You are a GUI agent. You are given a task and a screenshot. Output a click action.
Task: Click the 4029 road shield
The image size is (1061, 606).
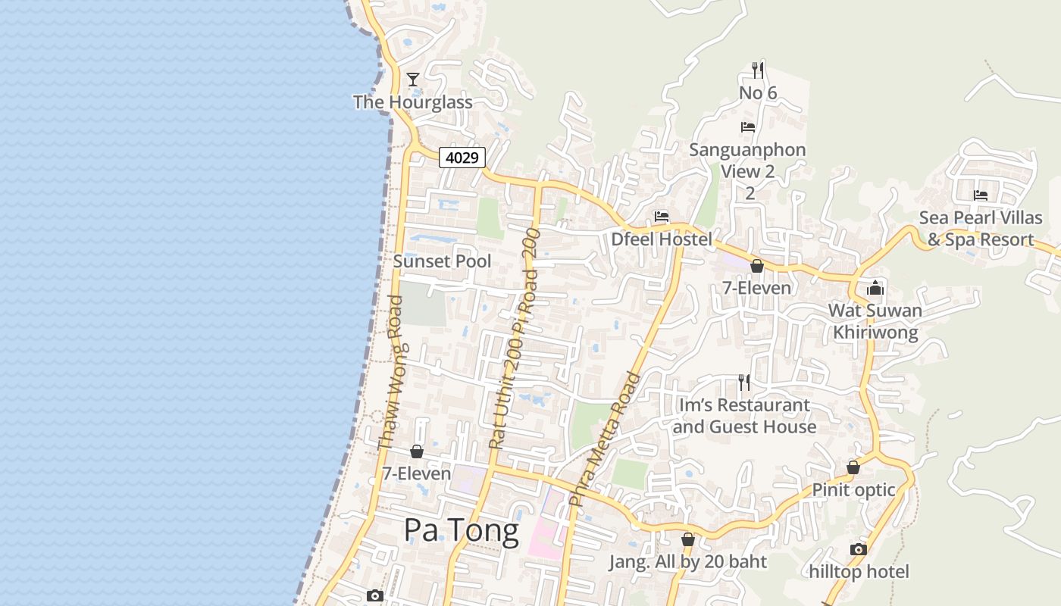(462, 158)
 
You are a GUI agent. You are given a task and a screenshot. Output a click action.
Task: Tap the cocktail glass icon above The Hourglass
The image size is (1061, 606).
(413, 79)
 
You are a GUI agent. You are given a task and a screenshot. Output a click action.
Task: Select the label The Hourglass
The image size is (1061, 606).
(413, 102)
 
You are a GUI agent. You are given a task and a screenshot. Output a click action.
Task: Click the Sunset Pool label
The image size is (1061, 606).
(442, 261)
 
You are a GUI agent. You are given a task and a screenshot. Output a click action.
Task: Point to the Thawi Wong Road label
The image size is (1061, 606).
(391, 372)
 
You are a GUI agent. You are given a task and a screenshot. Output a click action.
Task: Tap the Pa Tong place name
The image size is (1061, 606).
(461, 530)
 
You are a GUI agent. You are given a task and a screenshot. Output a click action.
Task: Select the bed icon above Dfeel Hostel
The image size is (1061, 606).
(662, 217)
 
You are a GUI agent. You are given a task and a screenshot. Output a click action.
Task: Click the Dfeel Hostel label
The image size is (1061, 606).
(662, 240)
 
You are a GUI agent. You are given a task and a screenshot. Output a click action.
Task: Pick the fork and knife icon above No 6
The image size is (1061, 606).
(758, 70)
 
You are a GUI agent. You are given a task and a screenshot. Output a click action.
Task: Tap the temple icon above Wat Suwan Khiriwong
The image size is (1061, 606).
(875, 288)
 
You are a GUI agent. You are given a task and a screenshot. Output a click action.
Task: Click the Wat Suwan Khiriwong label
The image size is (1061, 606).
(875, 321)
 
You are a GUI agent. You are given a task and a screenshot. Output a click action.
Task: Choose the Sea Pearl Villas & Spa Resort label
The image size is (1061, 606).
(981, 229)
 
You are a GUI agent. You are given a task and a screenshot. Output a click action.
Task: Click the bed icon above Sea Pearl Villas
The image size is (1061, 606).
(981, 195)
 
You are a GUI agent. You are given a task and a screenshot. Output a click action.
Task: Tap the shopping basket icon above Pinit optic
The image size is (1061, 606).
(853, 467)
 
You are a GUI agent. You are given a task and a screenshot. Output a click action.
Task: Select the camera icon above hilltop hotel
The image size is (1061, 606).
(859, 549)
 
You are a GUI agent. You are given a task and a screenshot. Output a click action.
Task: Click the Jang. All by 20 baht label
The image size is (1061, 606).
(688, 562)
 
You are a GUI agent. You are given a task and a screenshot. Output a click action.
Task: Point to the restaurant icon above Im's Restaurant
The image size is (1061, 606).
(744, 383)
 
